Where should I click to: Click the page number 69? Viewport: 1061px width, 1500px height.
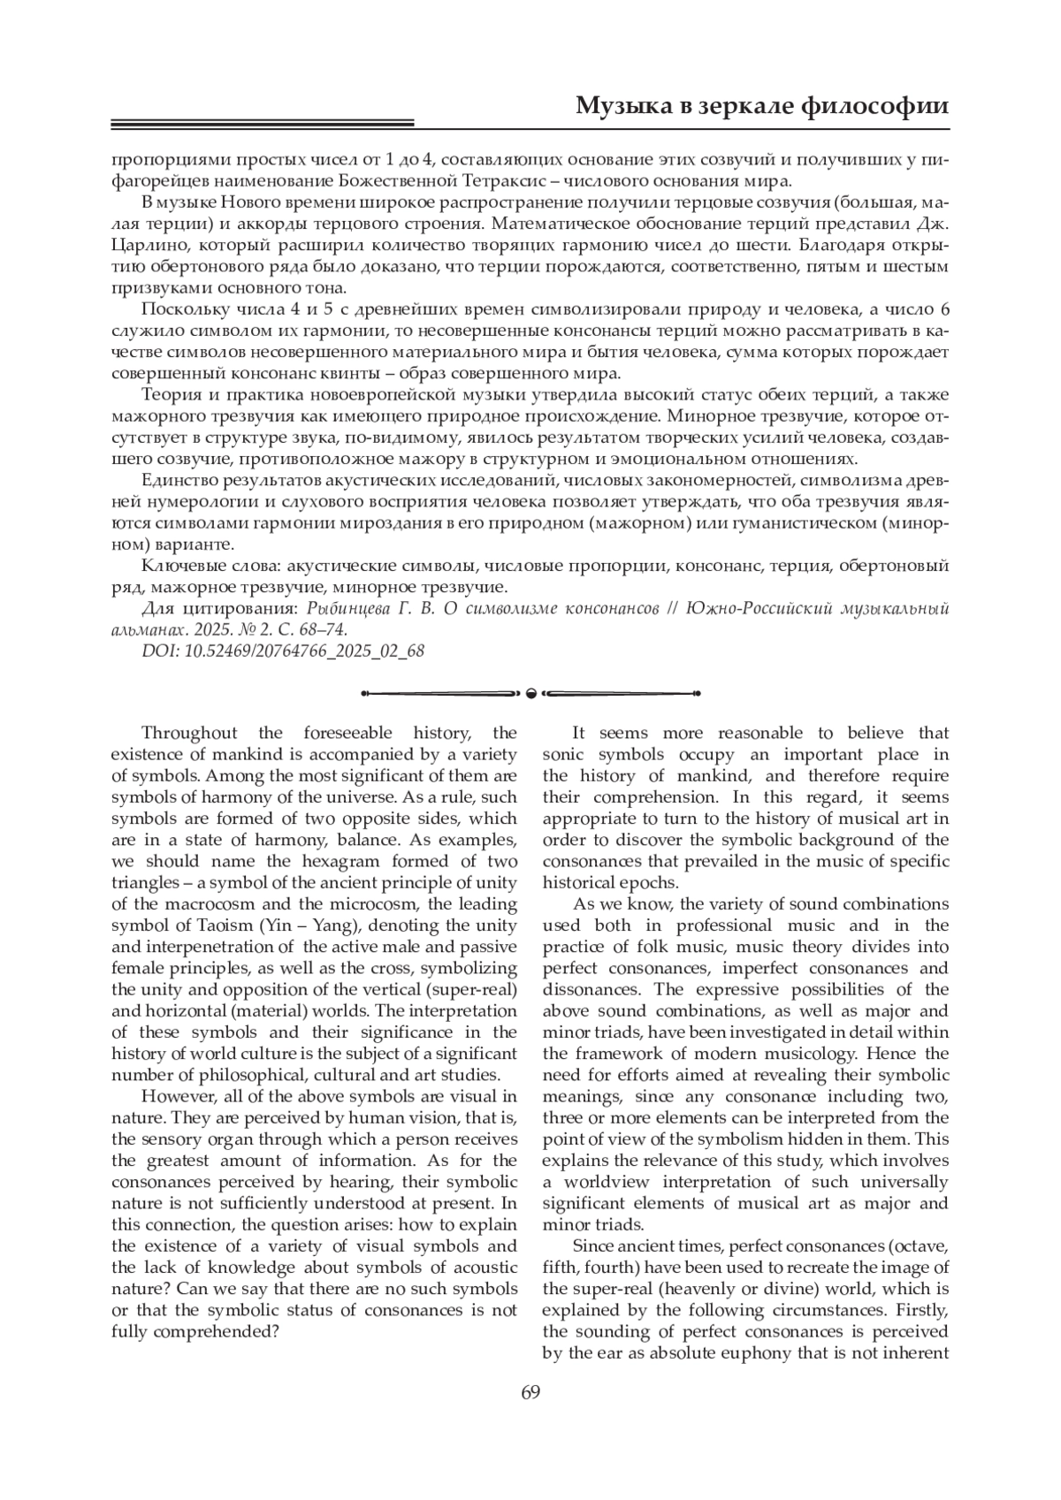[x=530, y=1393]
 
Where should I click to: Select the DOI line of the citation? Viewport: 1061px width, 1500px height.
[x=283, y=651]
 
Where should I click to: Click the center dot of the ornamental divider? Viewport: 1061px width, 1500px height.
[x=530, y=692]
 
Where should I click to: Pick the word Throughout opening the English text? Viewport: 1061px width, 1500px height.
[x=189, y=733]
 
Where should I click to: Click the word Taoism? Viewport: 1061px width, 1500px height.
[x=222, y=925]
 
